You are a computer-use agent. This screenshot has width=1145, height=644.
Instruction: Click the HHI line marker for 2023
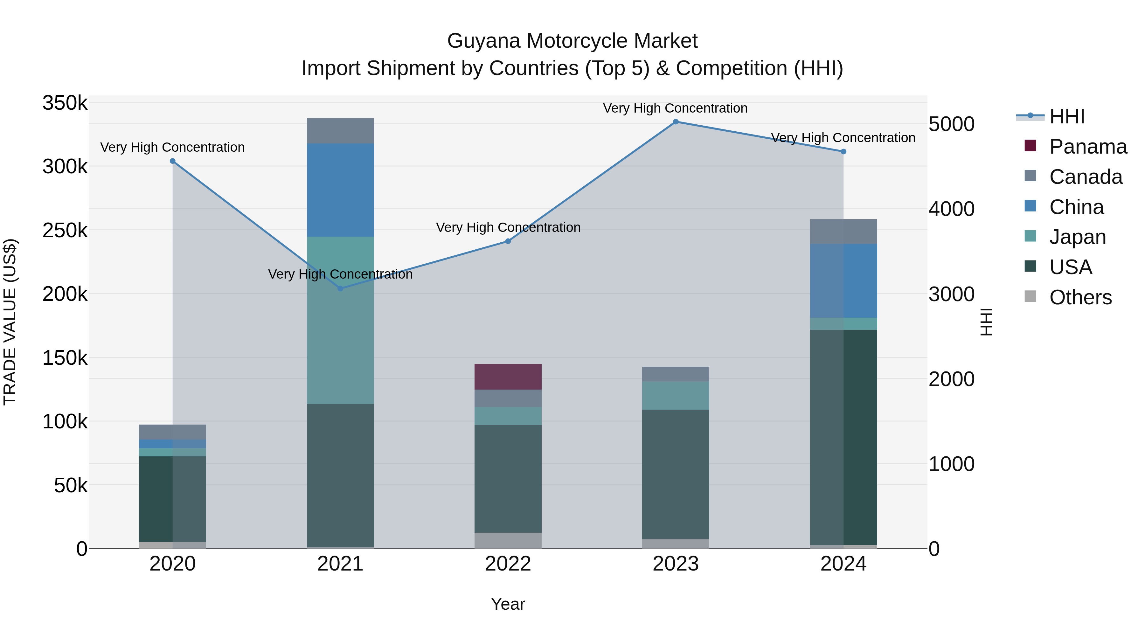point(676,121)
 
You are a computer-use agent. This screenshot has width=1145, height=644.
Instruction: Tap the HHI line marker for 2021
point(340,288)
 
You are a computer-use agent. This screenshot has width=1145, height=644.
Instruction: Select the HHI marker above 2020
point(173,161)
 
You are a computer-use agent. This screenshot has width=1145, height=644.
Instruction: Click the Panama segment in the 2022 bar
point(508,377)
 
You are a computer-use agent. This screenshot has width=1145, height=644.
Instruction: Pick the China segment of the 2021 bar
point(340,190)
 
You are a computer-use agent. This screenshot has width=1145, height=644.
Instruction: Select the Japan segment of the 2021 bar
point(340,320)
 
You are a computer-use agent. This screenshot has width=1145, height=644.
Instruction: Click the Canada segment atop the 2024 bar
point(843,231)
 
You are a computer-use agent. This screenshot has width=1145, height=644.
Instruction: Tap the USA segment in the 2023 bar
point(676,474)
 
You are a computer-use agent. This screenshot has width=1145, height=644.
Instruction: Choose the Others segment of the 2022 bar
point(508,540)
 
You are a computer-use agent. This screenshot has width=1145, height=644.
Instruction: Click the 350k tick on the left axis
point(65,103)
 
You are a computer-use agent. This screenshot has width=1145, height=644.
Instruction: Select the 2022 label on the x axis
point(508,564)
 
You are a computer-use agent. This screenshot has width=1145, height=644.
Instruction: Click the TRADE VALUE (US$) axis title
point(10,322)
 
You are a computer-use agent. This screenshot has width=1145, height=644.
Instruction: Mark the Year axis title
point(508,604)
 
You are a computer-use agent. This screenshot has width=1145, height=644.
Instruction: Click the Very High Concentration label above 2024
point(843,138)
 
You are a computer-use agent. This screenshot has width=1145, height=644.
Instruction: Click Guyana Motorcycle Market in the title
point(572,41)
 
